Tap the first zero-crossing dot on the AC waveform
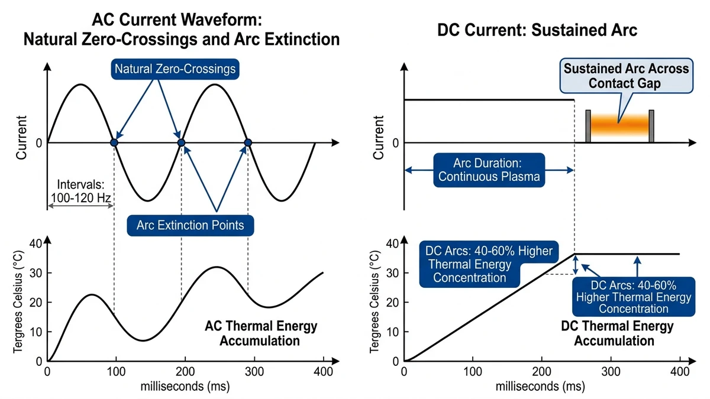(x=114, y=143)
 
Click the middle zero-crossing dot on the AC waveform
(x=182, y=143)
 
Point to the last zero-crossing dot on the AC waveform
(x=248, y=143)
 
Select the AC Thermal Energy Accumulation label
(x=261, y=333)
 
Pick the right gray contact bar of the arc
(x=651, y=126)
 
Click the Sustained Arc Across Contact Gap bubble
(x=626, y=75)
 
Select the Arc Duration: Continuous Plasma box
(x=489, y=170)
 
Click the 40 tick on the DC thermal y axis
(x=392, y=244)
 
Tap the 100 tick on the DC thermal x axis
(x=472, y=373)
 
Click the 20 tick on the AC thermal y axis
(x=37, y=303)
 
